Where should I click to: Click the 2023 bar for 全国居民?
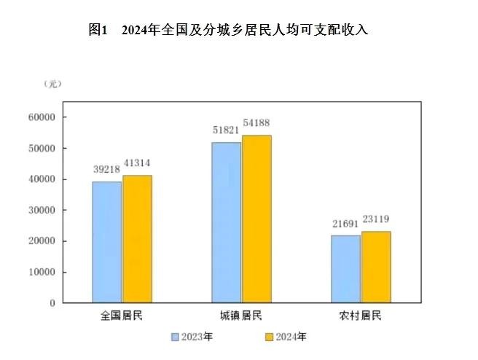click(x=106, y=241)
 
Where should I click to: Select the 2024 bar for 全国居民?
click(x=137, y=238)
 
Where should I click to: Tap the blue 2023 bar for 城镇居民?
click(x=226, y=222)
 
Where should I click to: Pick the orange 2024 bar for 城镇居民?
click(x=256, y=219)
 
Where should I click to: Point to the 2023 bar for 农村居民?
click(x=345, y=268)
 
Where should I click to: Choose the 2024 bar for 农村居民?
click(x=376, y=267)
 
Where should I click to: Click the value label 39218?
click(x=107, y=168)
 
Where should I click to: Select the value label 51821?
click(x=226, y=129)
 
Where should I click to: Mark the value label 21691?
click(x=345, y=223)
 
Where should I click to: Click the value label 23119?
click(x=376, y=219)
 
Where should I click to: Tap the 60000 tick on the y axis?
click(x=42, y=117)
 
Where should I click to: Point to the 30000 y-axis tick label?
click(x=42, y=211)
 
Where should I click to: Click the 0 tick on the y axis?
click(x=53, y=303)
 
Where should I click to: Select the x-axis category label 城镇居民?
click(x=241, y=316)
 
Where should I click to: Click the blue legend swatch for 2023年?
click(x=175, y=337)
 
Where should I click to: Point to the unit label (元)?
click(x=52, y=85)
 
